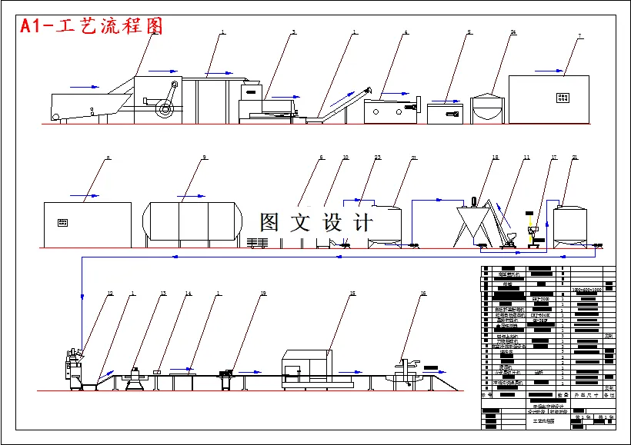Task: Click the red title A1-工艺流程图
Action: click(92, 25)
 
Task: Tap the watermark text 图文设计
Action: click(316, 223)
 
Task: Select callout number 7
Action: click(579, 35)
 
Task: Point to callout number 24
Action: click(512, 32)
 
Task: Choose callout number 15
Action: click(353, 294)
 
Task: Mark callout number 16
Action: click(422, 294)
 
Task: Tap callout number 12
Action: click(110, 294)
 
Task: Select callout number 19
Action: click(263, 294)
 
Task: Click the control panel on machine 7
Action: click(563, 98)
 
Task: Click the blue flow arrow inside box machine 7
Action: click(549, 71)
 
